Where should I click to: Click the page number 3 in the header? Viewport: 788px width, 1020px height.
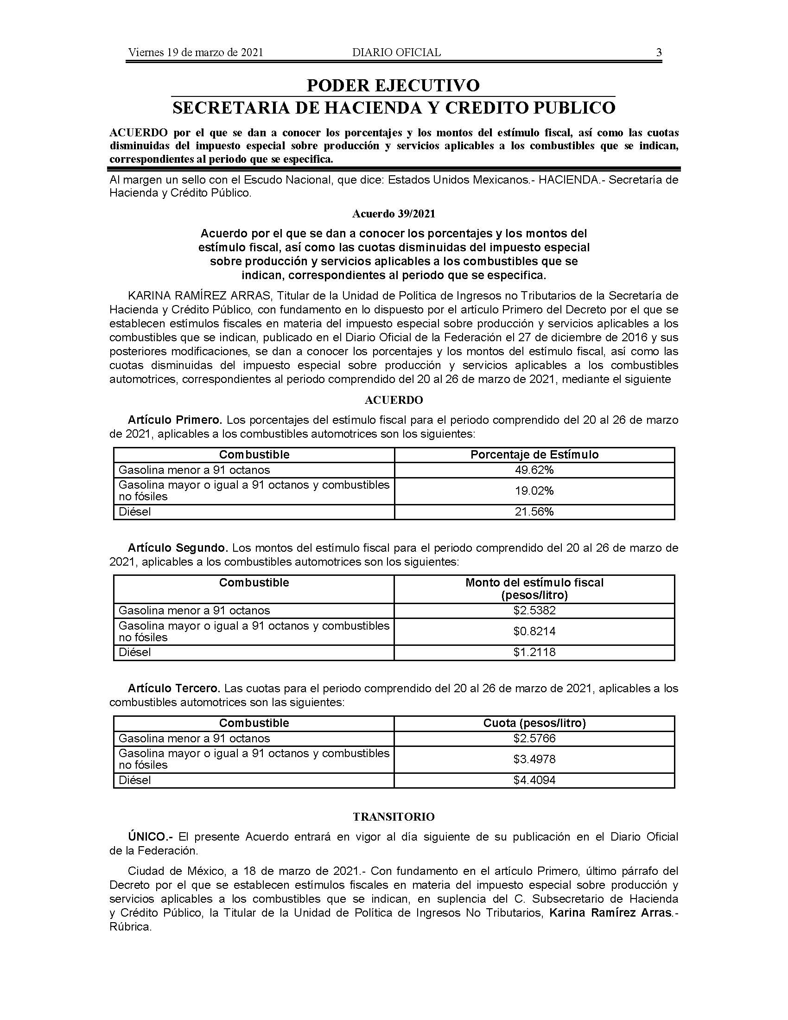pos(659,52)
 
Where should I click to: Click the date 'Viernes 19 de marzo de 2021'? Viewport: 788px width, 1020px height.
pos(195,52)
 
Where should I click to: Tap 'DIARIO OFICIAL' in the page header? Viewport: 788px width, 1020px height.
pos(396,52)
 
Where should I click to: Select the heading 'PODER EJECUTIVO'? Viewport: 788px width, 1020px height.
pos(393,85)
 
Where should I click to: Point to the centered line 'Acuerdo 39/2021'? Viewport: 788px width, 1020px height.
pos(394,214)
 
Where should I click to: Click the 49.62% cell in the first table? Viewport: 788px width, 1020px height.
pos(534,470)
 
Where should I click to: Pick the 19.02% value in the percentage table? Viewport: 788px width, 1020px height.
pos(534,491)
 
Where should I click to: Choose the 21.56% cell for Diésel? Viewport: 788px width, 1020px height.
pos(534,512)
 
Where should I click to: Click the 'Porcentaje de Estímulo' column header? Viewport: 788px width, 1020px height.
pos(534,455)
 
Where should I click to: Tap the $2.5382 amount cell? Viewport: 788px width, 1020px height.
pos(534,611)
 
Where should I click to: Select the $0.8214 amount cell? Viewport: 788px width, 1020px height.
pos(534,631)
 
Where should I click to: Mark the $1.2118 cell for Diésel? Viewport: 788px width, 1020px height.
pos(534,652)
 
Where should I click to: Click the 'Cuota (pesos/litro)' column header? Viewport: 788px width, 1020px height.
pos(534,723)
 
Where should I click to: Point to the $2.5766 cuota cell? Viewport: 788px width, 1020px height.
pos(534,739)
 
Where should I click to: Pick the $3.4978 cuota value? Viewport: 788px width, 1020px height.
pos(534,759)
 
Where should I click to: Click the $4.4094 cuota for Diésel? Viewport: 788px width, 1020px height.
pos(534,780)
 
